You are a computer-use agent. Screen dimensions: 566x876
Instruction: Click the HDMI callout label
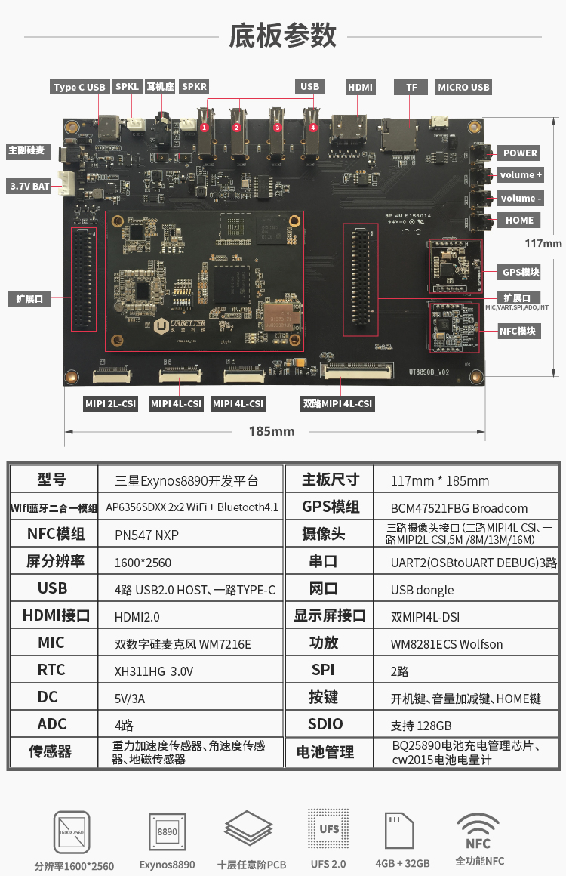click(x=360, y=88)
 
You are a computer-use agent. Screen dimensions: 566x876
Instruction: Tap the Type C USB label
click(x=79, y=88)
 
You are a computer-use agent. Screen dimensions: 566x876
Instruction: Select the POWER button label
click(x=520, y=153)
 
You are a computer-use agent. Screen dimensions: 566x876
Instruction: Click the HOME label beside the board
click(x=519, y=221)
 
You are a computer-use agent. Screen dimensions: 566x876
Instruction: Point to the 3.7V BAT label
click(x=29, y=186)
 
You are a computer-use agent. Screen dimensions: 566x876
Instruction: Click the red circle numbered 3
click(x=277, y=128)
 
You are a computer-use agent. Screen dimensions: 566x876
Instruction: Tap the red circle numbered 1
click(x=205, y=128)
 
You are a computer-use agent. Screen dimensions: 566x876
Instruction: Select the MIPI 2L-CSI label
click(x=110, y=404)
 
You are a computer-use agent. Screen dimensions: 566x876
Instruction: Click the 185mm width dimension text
click(x=272, y=431)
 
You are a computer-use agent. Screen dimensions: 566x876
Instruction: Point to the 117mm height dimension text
click(x=543, y=243)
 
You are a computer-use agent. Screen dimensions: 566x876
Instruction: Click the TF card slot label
click(x=411, y=88)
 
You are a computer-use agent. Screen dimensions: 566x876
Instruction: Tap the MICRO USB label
click(x=463, y=88)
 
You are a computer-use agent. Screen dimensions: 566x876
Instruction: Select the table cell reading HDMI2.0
click(x=137, y=617)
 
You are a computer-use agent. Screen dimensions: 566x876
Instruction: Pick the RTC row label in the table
click(x=51, y=670)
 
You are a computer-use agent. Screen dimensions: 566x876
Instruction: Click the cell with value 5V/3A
click(x=130, y=699)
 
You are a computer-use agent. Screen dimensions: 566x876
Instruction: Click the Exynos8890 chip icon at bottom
click(x=167, y=832)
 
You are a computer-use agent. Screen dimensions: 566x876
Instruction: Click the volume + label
click(x=520, y=175)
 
